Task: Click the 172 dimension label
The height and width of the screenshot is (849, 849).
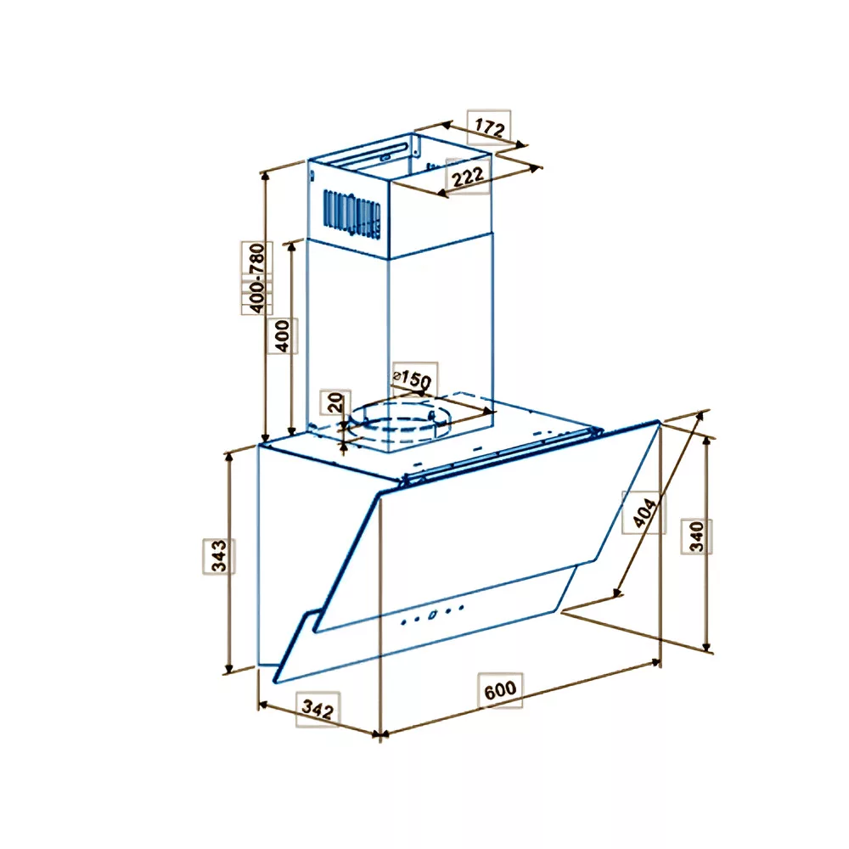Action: tap(490, 128)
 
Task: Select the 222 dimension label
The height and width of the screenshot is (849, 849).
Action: tap(467, 177)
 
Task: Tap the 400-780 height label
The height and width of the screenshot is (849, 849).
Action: tap(257, 278)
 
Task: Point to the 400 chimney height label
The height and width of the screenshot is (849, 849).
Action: tap(283, 335)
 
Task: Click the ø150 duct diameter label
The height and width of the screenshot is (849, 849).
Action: tap(413, 379)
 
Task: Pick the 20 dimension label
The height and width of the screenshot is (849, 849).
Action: tap(335, 402)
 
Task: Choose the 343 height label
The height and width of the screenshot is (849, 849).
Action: tap(219, 556)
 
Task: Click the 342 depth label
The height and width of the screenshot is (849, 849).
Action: tap(318, 708)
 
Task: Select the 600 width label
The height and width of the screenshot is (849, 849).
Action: tap(500, 690)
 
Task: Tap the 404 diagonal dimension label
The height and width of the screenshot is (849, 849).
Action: tap(644, 512)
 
